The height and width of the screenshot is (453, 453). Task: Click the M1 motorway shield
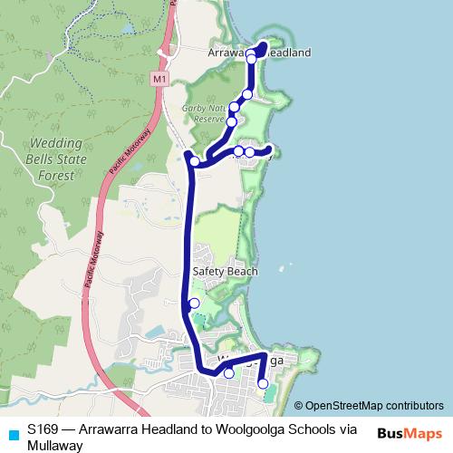pos(159,80)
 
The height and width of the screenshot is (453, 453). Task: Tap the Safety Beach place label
pos(226,271)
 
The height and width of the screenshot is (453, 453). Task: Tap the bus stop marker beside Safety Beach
pos(194,304)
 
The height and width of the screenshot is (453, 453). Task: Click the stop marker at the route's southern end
pos(264,384)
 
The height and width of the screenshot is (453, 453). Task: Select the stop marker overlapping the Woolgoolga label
pos(228,373)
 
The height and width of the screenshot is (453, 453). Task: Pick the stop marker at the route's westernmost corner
pos(194,161)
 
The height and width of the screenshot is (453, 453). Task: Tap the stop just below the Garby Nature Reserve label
pos(231,121)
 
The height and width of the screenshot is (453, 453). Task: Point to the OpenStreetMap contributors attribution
pos(374,406)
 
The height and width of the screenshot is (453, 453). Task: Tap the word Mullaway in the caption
pos(55,445)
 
